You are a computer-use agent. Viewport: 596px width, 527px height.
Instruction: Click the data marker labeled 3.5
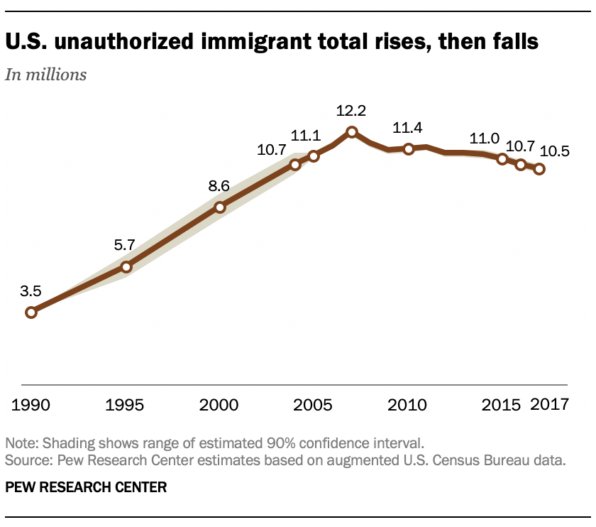(x=31, y=312)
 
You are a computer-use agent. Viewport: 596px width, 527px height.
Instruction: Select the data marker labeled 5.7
(x=126, y=267)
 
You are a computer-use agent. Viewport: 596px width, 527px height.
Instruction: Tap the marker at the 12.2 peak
(x=351, y=132)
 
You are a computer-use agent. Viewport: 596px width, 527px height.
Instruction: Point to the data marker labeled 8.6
(x=220, y=207)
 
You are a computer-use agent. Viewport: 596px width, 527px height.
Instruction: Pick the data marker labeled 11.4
(x=408, y=149)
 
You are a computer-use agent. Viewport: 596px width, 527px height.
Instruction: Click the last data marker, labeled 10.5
(x=539, y=169)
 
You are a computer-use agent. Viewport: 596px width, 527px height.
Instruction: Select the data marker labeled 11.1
(x=313, y=156)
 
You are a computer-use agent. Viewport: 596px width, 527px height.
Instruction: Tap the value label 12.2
(x=352, y=111)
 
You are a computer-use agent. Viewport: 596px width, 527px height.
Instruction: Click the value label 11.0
(x=483, y=139)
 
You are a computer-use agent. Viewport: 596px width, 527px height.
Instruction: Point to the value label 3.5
(x=31, y=290)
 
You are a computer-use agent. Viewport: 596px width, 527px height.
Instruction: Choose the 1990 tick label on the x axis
(x=31, y=406)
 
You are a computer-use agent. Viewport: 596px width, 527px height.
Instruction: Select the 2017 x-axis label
(x=551, y=406)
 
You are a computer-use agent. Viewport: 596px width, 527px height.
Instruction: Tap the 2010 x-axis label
(x=408, y=406)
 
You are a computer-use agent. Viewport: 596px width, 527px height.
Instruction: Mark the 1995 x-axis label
(x=126, y=406)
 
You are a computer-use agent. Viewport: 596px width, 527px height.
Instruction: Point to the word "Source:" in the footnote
(x=27, y=460)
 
